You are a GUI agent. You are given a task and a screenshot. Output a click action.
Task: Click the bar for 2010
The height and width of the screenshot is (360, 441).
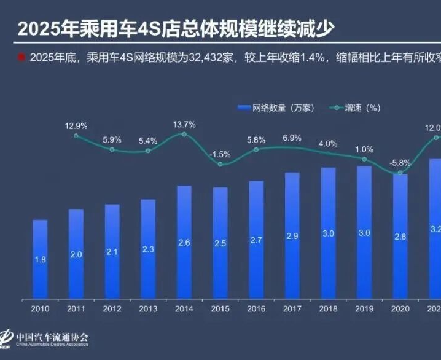[x=40, y=258]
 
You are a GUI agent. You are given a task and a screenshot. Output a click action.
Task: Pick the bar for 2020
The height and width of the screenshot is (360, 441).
[x=400, y=236]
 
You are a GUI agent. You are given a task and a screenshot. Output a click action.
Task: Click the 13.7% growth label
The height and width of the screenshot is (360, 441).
[x=184, y=125]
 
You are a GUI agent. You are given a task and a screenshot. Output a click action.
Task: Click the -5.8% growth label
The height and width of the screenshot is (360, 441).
[x=400, y=163]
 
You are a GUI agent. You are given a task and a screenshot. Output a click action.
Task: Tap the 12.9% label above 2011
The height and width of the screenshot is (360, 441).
[x=76, y=126]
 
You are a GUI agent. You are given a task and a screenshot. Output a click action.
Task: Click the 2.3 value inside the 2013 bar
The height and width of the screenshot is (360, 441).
[x=148, y=249]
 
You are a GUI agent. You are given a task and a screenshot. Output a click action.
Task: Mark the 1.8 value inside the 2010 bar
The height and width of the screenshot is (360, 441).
[x=40, y=260]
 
